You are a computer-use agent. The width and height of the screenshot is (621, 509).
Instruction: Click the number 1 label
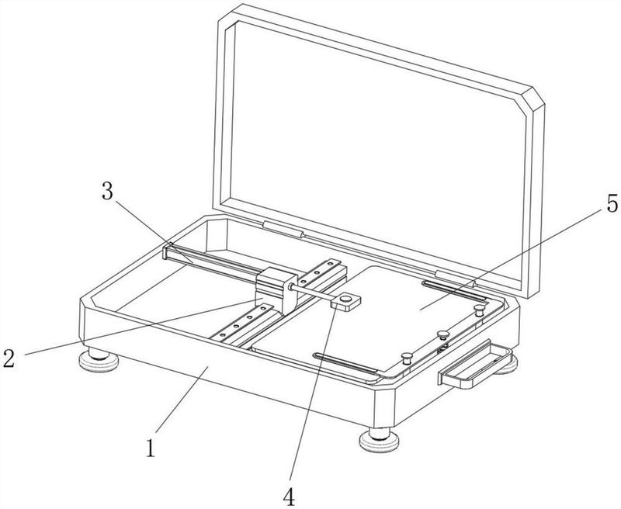(151, 448)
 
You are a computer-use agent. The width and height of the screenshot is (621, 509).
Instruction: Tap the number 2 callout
(9, 358)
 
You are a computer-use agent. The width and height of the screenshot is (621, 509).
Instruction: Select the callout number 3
(107, 191)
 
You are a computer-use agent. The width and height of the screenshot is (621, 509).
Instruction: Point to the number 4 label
(290, 496)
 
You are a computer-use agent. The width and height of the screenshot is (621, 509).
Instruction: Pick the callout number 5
(612, 204)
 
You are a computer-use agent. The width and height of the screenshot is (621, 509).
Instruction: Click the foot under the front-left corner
(99, 359)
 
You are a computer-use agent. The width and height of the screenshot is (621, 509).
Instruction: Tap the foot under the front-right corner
(379, 439)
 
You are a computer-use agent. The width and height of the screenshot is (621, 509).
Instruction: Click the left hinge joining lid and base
(283, 229)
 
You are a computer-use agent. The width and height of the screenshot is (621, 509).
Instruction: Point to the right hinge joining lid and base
(455, 279)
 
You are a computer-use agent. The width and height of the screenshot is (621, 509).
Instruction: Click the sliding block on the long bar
(276, 289)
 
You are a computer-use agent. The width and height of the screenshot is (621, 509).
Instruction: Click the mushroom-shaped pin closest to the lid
(480, 310)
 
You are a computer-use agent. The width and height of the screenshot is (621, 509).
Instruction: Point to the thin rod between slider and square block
(312, 294)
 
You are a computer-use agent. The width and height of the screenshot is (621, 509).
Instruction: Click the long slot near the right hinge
(454, 289)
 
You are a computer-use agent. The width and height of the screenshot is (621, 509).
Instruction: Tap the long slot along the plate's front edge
(345, 362)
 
